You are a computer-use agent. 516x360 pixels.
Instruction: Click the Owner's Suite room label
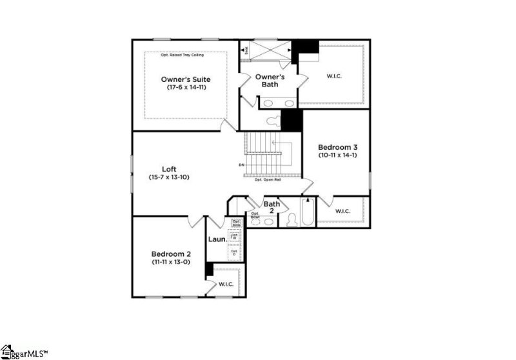coord(186,79)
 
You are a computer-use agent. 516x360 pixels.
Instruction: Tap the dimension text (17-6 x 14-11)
coord(186,87)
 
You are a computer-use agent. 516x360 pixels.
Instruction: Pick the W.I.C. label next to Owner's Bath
coord(334,76)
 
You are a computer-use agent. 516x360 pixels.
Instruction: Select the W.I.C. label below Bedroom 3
coord(342,210)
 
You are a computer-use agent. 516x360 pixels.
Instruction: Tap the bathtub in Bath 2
coord(306,214)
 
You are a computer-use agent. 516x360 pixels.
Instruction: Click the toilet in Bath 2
coord(290,219)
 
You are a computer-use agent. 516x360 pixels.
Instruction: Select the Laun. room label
coord(217,239)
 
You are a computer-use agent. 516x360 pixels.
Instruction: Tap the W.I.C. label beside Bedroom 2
coord(225,283)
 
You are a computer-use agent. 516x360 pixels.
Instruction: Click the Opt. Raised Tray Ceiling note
coord(186,55)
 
